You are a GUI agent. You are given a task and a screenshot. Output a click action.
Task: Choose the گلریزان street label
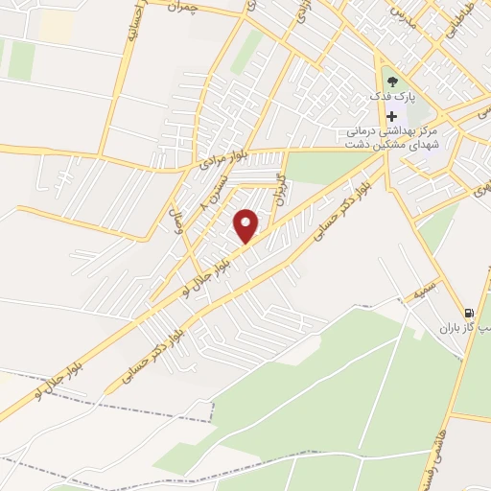pos(280,186)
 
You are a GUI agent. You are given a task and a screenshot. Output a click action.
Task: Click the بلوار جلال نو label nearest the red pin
pos(203,275)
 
